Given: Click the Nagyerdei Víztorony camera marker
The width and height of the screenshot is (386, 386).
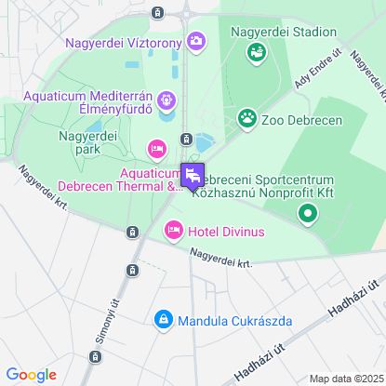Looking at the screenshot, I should tap(196, 41).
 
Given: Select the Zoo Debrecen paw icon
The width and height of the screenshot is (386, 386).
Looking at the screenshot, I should tap(246, 118).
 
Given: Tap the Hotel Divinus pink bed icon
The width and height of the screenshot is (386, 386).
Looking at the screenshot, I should tap(173, 230).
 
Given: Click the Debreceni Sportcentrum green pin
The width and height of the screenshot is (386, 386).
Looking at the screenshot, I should tap(308, 215).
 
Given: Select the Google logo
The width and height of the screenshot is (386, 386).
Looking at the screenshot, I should tap(31, 375).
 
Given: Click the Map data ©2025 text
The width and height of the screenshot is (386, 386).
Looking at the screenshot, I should tap(345, 379).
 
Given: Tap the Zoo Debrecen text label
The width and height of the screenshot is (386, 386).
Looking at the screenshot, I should tap(302, 120).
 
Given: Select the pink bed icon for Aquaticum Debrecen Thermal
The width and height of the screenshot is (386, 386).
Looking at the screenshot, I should tap(156, 149).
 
